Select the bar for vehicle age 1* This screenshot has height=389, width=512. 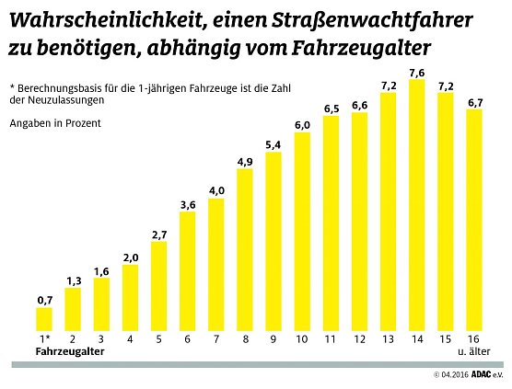(44, 319)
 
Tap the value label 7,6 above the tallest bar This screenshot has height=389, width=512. (416, 73)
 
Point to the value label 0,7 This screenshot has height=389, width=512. (44, 300)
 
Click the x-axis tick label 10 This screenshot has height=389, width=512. (302, 339)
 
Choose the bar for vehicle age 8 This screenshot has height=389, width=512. (245, 250)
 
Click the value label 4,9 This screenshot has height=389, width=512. (245, 163)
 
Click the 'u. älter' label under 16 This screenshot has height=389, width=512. (475, 351)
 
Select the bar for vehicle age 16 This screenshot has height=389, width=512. (474, 220)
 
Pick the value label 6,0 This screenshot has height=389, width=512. (302, 124)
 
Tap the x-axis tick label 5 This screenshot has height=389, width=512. (158, 339)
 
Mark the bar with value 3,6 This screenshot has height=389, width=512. (188, 271)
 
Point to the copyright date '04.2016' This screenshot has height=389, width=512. (451, 375)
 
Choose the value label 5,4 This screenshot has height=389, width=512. (273, 145)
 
